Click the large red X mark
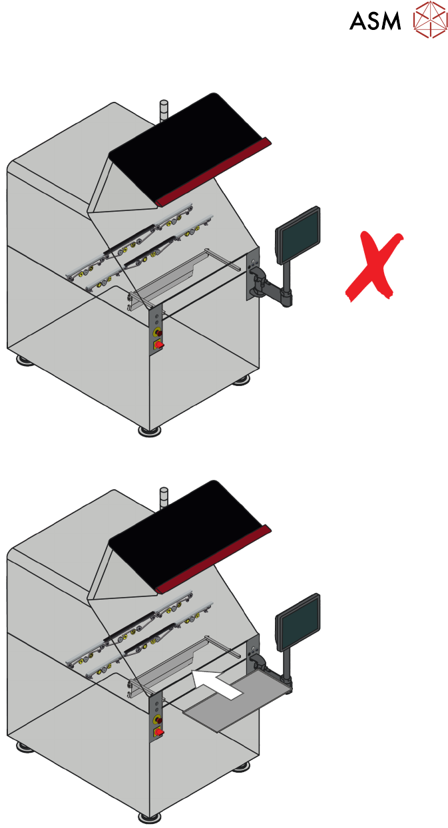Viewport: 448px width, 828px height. coord(375,266)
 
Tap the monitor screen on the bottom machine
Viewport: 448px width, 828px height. coord(298,622)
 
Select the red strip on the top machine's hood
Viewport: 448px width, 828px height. coord(213,170)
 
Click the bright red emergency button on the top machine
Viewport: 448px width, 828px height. coord(158,344)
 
